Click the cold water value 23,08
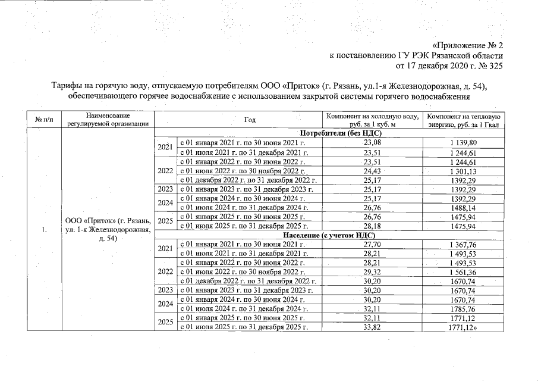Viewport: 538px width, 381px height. click(372, 143)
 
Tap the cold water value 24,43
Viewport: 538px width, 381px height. click(372, 171)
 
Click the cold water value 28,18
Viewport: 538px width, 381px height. click(372, 227)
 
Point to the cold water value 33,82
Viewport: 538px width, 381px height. click(372, 327)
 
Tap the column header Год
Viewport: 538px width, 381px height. click(250, 120)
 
